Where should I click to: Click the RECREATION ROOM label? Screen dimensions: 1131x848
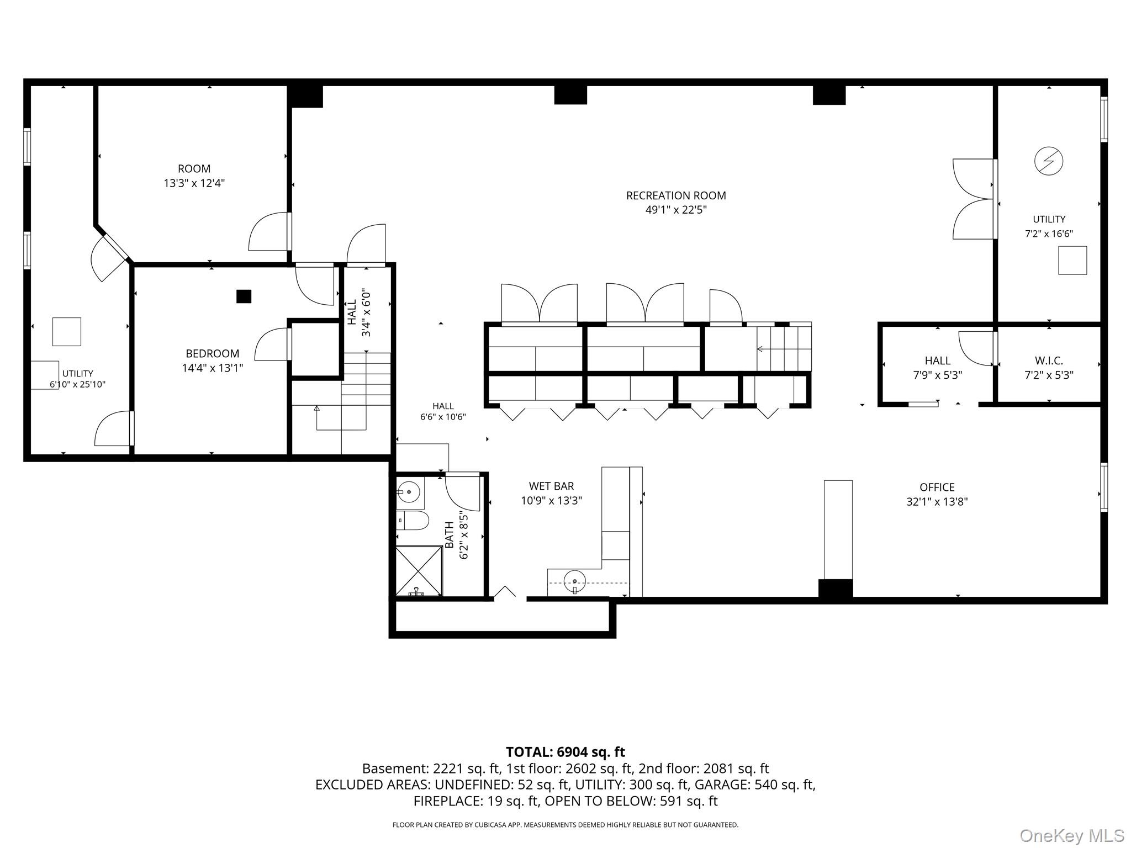point(676,195)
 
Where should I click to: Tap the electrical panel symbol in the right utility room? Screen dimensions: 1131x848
point(1048,161)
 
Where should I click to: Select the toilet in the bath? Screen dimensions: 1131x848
point(413,520)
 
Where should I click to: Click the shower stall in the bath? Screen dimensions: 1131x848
point(419,571)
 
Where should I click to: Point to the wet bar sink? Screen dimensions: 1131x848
point(575,581)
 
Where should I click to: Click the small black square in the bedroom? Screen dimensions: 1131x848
point(244,296)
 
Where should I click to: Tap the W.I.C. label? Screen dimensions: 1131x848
point(1049,361)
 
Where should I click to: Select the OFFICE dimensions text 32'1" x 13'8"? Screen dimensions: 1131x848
point(937,502)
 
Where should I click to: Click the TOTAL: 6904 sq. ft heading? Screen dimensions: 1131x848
point(565,752)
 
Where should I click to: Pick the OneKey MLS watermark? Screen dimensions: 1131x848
point(1072,835)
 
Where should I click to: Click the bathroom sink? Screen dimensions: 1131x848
point(409,491)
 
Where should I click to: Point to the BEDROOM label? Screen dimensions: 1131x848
point(213,353)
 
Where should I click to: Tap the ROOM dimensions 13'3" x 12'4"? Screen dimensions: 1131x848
point(194,183)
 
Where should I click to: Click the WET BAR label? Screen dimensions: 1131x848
point(551,486)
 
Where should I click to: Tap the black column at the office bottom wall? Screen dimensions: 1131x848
point(835,589)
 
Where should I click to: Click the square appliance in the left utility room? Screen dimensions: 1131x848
point(66,332)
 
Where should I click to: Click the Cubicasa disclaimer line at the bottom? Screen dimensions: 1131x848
point(565,825)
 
